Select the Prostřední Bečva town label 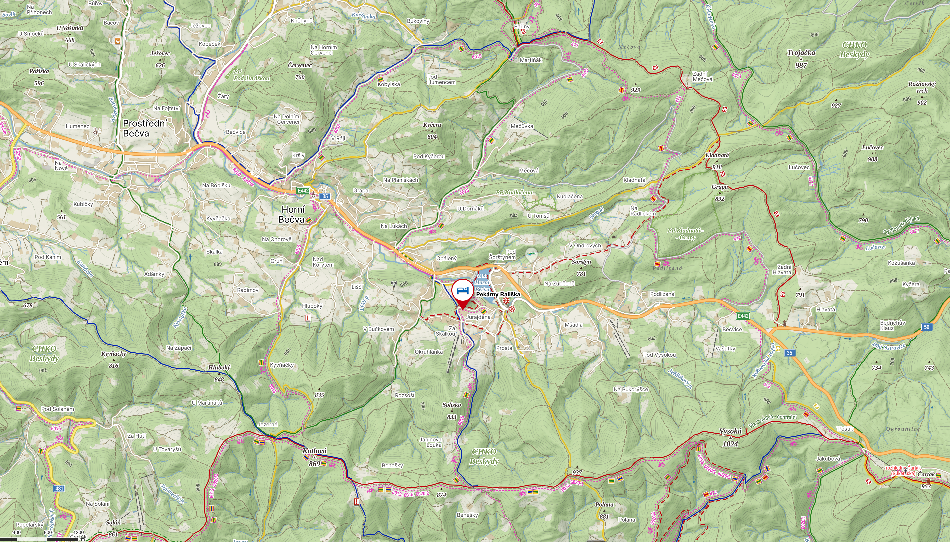tap(145, 128)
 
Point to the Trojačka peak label tap(801, 53)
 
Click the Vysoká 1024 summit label tap(730, 431)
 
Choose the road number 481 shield tap(59, 488)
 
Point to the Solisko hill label tap(452, 405)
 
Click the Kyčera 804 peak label tap(432, 125)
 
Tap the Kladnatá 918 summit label tap(717, 155)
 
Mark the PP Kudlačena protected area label tap(514, 192)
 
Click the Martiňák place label tap(531, 60)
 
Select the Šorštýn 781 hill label tap(581, 262)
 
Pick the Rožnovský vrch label tap(922, 87)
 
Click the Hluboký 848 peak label tap(219, 368)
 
